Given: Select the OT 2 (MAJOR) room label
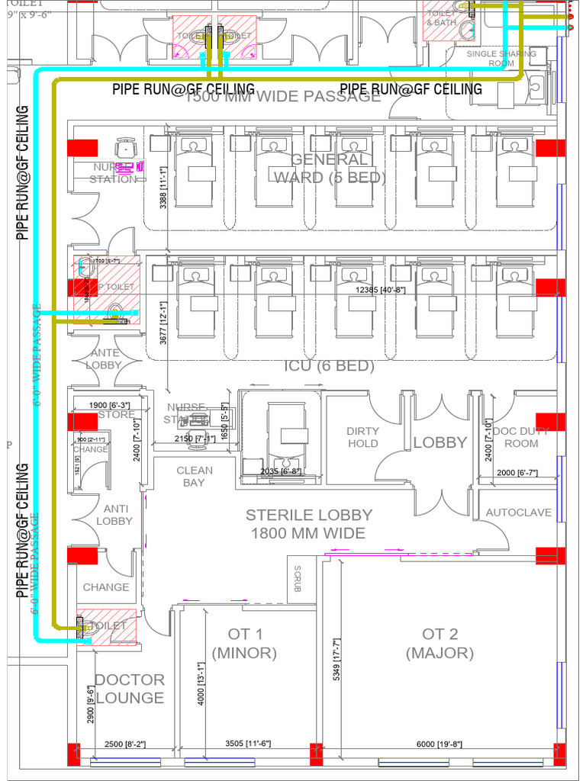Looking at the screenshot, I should coord(439,644).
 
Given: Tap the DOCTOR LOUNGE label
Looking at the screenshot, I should coord(129,689).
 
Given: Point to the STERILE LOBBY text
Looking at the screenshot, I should coord(308,524).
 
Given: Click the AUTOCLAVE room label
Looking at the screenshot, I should coord(518,513).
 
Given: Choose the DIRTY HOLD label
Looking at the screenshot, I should coord(362,437).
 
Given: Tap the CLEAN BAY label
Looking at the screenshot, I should coord(195,477).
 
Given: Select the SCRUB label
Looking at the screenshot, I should coord(298,578).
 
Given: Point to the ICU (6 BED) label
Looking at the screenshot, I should coord(330,366).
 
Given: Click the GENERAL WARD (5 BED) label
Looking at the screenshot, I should coord(330,168).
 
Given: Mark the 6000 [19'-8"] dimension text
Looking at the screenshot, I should coord(439,744).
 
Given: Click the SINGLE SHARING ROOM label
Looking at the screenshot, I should coord(501,59).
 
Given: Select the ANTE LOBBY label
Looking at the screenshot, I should coord(105,358).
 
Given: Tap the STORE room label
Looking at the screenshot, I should coord(116,415).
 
